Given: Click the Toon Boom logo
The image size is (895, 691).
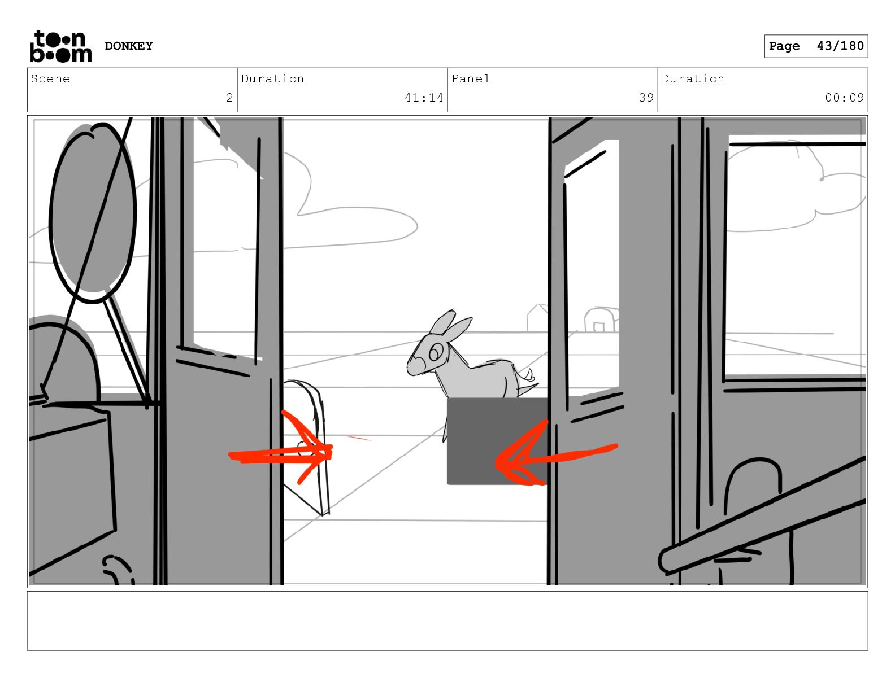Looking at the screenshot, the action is (x=61, y=46).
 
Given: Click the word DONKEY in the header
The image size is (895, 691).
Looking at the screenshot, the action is (x=129, y=46).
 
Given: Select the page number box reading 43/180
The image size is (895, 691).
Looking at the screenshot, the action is (x=816, y=46).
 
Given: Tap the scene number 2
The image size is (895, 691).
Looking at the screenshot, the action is (x=229, y=98).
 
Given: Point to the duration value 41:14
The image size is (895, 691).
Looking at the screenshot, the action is (x=423, y=98).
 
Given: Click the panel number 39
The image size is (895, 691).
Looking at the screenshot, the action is (x=646, y=98).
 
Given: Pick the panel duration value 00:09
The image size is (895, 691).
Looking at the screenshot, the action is (x=844, y=98).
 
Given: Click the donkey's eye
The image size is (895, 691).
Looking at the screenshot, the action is (x=435, y=352).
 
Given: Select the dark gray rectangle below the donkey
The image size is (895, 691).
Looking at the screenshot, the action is (x=498, y=441).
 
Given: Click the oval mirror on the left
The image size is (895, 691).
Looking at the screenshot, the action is (x=93, y=213).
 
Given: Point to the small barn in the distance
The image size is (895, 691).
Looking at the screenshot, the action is (x=601, y=320).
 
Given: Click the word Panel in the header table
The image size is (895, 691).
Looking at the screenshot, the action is (x=470, y=78).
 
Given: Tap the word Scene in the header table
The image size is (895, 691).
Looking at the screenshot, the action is (x=50, y=78).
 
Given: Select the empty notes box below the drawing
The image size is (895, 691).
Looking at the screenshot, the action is (x=447, y=620).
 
